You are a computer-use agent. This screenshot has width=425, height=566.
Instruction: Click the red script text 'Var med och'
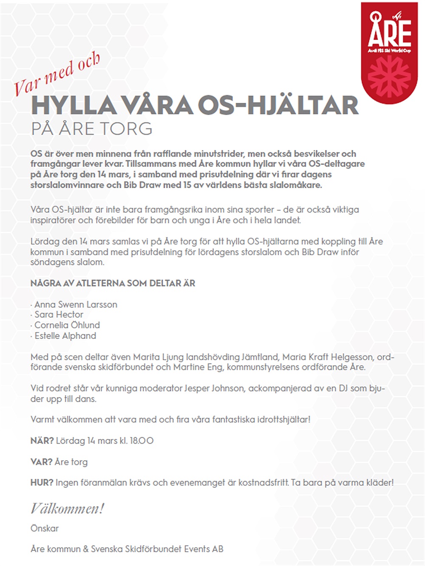pyautogui.click(x=57, y=74)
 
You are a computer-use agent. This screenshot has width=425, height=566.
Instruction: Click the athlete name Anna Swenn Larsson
pyautogui.click(x=76, y=304)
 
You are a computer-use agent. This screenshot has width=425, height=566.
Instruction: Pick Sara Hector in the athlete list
pyautogui.click(x=59, y=315)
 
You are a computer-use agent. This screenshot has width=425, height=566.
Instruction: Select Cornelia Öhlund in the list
pyautogui.click(x=67, y=325)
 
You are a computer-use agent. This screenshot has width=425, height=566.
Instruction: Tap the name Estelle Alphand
pyautogui.click(x=65, y=336)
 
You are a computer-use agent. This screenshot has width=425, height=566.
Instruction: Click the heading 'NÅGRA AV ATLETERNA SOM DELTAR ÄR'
pyautogui.click(x=113, y=283)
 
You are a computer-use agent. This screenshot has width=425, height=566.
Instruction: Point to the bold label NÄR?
pyautogui.click(x=42, y=441)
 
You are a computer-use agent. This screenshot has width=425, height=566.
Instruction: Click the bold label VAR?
pyautogui.click(x=42, y=462)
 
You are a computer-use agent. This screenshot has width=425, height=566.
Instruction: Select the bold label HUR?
pyautogui.click(x=42, y=483)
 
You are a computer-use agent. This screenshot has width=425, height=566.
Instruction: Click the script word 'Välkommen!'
pyautogui.click(x=67, y=508)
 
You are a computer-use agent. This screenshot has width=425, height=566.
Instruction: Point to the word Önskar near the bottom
pyautogui.click(x=45, y=529)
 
